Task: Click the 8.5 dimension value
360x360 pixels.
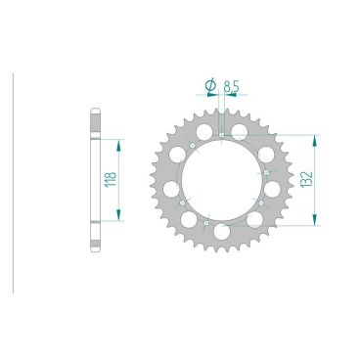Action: tap(230, 87)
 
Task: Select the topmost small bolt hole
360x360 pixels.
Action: tap(223, 133)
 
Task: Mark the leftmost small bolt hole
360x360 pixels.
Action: tap(181, 202)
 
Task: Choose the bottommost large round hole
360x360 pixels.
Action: tap(224, 232)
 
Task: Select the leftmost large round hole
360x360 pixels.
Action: tap(172, 188)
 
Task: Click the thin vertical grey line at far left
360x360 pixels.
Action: tap(13, 181)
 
